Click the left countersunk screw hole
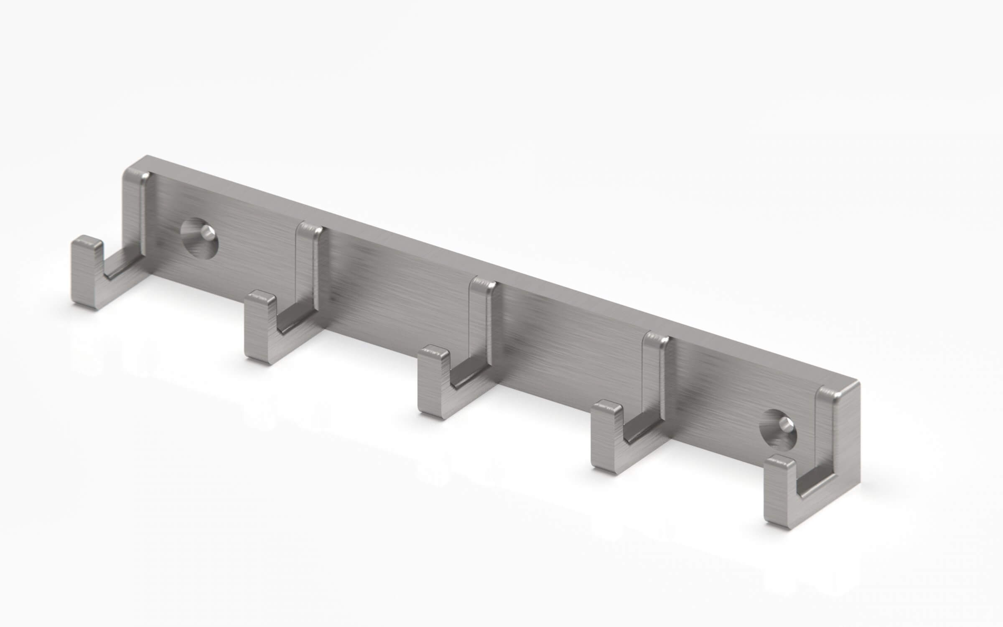199,237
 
